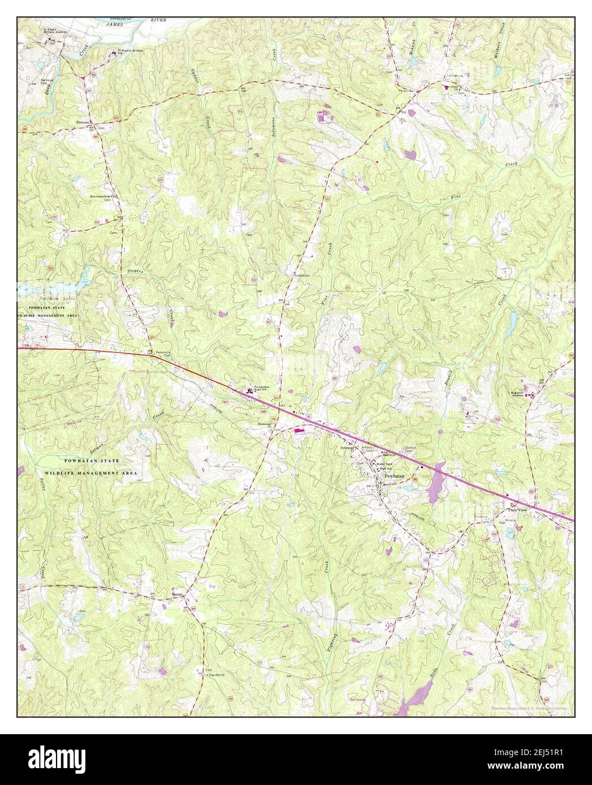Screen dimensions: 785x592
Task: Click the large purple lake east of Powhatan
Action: [x=434, y=483]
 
